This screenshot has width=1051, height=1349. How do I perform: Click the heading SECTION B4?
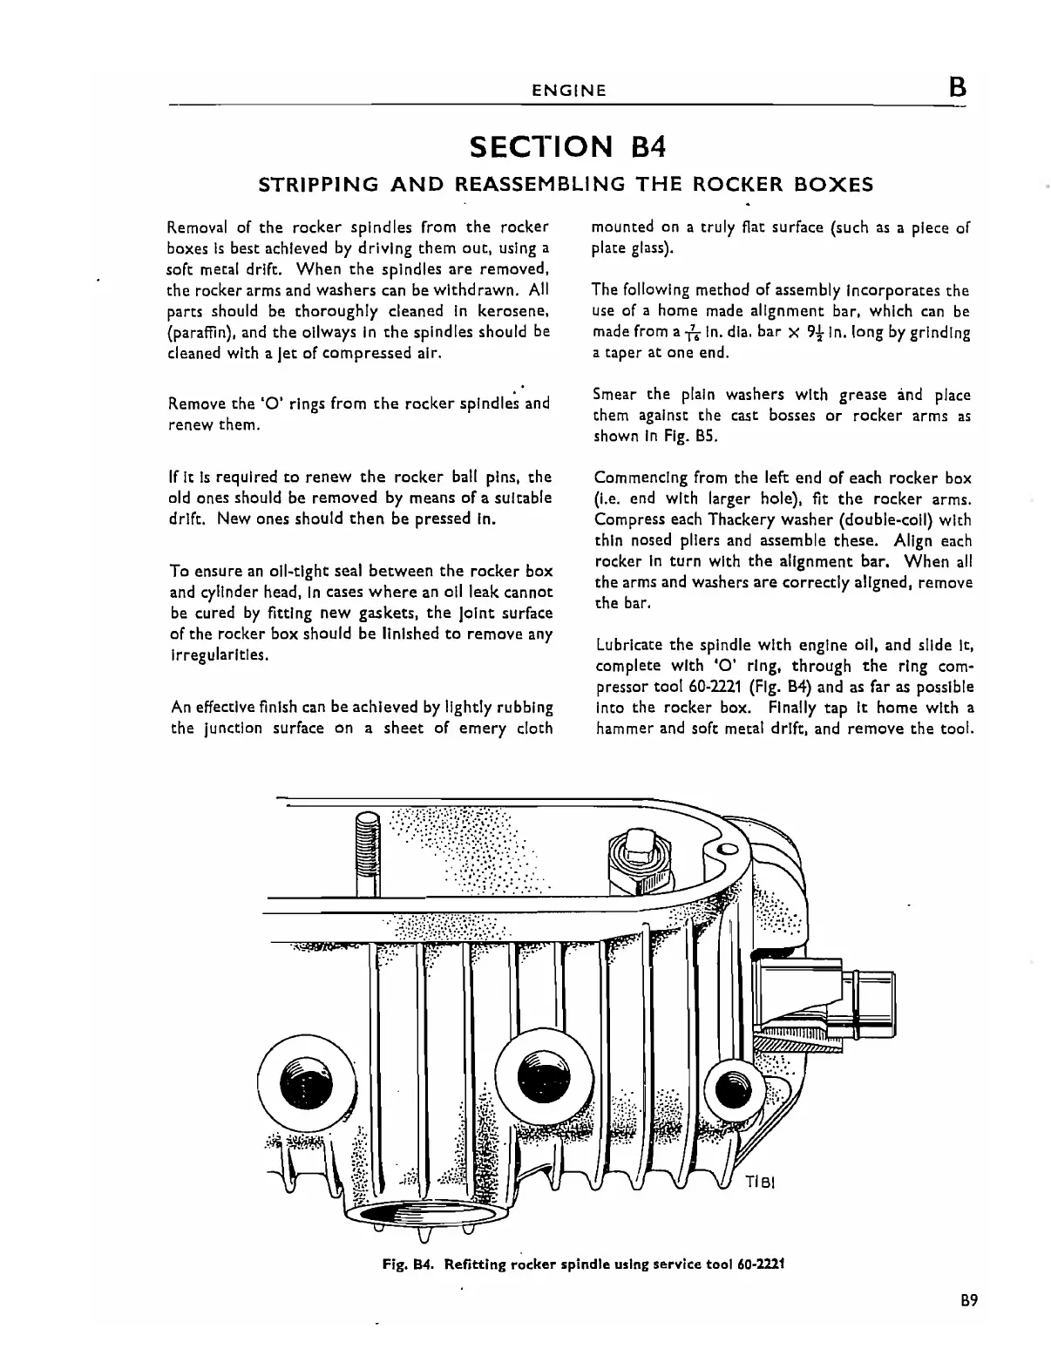click(x=567, y=146)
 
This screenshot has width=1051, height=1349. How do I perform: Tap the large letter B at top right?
click(x=957, y=87)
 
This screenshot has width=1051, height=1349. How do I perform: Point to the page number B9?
click(x=970, y=1301)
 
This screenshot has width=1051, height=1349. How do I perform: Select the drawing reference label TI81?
click(x=760, y=1184)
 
